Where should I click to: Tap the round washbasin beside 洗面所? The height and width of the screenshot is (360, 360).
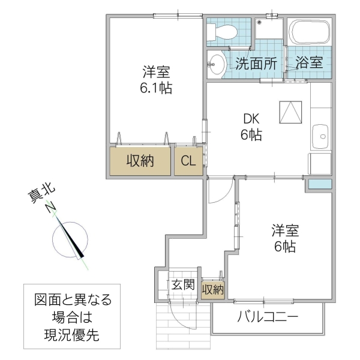coord(216,64)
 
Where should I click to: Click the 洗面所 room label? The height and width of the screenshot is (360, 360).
coord(256,62)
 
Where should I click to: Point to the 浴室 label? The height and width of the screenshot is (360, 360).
coord(310,62)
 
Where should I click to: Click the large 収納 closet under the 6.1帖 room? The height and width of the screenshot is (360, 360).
coord(140,161)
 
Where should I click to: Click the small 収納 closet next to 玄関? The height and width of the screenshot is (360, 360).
coord(212,290)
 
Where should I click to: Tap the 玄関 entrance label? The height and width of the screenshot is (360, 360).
coord(182,284)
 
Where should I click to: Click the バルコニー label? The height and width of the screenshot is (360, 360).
coord(268,317)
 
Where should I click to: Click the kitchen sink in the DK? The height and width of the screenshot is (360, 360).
coord(321,136)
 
